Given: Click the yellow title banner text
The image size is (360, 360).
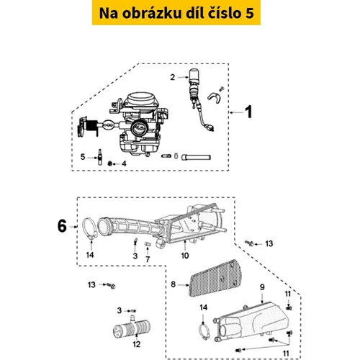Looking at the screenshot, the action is pyautogui.click(x=176, y=13).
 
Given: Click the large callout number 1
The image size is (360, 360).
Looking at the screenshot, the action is pyautogui.click(x=249, y=112).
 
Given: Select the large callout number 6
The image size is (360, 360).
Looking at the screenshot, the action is pyautogui.click(x=62, y=226).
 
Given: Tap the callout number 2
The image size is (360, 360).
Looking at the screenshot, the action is pyautogui.click(x=173, y=77).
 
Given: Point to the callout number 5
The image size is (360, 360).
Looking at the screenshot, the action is pyautogui.click(x=83, y=157).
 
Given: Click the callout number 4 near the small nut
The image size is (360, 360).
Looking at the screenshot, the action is pyautogui.click(x=124, y=163).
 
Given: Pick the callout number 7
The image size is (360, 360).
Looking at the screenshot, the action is pyautogui.click(x=148, y=259).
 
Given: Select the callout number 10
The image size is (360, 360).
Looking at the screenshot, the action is pyautogui.click(x=185, y=256).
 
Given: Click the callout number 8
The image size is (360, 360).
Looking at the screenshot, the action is pyautogui.click(x=173, y=284).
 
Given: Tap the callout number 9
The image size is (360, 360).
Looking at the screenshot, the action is pyautogui.click(x=262, y=287).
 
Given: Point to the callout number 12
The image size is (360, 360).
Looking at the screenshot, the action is pyautogui.click(x=137, y=344).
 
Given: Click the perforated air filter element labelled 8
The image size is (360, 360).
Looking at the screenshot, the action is pyautogui.click(x=215, y=278).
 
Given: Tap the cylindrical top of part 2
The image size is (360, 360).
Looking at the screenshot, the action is pyautogui.click(x=194, y=75).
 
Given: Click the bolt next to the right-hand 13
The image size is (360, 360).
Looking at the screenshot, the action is pyautogui.click(x=249, y=243).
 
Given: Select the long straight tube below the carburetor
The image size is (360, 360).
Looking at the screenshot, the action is pyautogui.click(x=196, y=158).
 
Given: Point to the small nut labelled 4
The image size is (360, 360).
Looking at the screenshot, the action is pyautogui.click(x=110, y=163).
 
